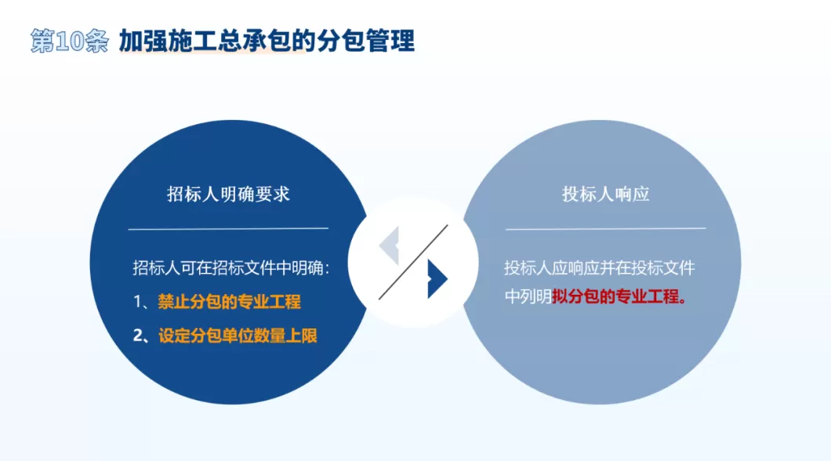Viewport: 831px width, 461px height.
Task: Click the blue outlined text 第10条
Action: tap(69, 41)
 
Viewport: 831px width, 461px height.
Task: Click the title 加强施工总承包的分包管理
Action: tap(267, 41)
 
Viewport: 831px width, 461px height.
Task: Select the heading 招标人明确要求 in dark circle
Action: tap(228, 194)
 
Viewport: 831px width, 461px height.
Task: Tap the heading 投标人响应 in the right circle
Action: tap(605, 194)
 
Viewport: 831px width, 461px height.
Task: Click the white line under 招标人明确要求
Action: tap(228, 228)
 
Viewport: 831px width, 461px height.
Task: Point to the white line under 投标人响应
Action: tap(605, 228)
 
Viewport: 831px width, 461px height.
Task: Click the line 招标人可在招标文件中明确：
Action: tap(230, 268)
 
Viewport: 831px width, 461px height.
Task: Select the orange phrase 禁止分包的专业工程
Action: tap(229, 302)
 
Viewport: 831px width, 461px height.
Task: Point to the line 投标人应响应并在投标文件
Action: tap(599, 268)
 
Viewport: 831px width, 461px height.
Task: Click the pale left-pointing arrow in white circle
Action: tap(390, 245)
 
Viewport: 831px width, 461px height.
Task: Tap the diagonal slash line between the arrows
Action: tap(413, 262)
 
